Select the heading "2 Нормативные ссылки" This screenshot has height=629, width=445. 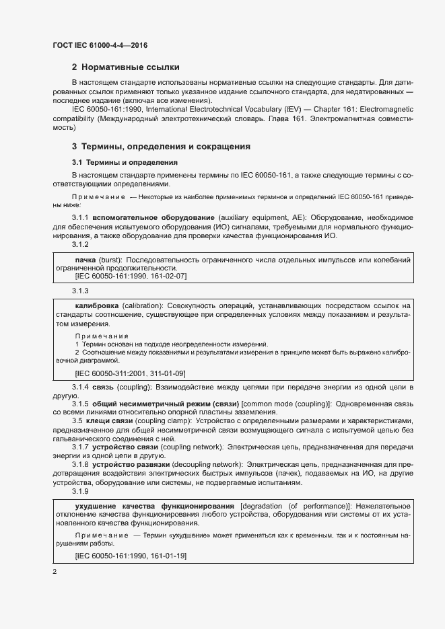coord(125,67)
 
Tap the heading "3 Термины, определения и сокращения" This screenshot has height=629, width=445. coord(162,145)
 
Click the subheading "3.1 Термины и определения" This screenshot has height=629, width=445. coord(125,162)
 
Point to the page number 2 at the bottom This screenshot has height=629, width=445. coord(55,571)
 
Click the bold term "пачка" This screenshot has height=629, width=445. coord(85,259)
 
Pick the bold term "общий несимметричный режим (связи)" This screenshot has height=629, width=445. coord(153,403)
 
